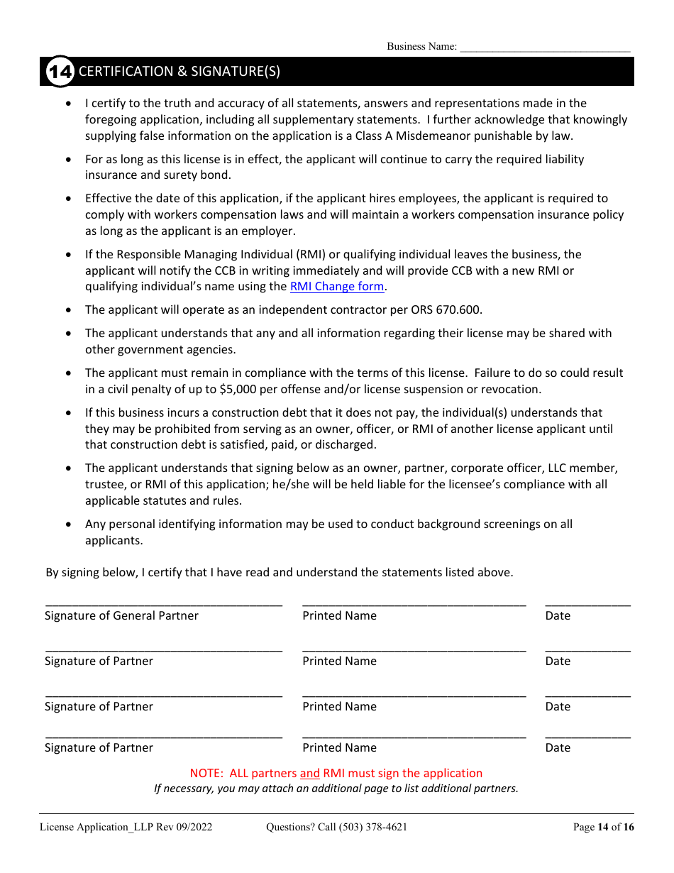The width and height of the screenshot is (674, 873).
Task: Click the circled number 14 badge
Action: tap(60, 72)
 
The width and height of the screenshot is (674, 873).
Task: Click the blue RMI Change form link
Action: tap(337, 287)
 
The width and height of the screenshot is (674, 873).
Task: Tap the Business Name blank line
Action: tap(545, 49)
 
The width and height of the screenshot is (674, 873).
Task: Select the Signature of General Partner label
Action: tap(121, 616)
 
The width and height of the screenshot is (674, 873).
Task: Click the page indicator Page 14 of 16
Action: tap(603, 827)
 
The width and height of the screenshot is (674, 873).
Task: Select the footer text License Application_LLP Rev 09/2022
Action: tap(126, 827)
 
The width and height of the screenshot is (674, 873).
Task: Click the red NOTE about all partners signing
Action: tap(336, 774)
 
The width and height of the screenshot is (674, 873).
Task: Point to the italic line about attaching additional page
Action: tap(336, 789)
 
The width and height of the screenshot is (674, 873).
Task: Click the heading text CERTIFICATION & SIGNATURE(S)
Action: tap(179, 72)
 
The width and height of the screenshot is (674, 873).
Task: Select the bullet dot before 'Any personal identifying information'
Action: tap(68, 525)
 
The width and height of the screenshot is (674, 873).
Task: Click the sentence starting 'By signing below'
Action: tap(279, 572)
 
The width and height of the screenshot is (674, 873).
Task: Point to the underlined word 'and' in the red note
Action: tap(309, 774)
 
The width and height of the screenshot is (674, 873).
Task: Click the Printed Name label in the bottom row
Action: tap(339, 748)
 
